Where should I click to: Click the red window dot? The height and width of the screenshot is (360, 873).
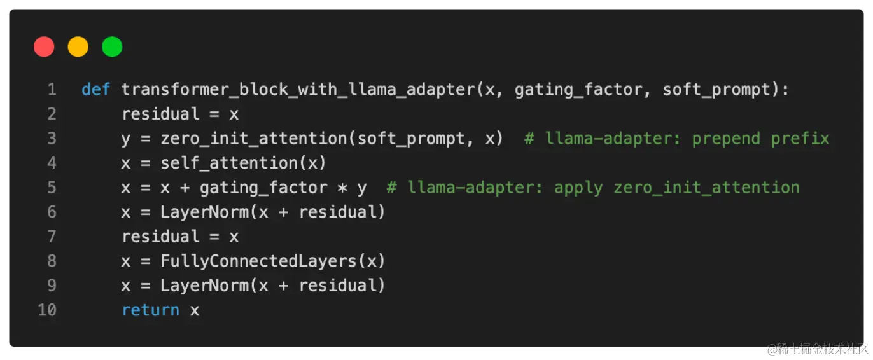coord(44,47)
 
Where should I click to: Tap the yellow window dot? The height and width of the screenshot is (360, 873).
coord(78,47)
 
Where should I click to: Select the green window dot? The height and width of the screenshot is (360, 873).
coord(112,47)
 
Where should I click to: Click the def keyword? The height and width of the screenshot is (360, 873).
coord(96,90)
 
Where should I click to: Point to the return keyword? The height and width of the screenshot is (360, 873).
coord(150,310)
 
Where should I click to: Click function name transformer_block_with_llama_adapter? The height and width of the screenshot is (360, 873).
coord(298,90)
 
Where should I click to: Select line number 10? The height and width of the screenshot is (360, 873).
coord(47,310)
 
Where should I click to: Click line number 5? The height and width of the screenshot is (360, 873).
coord(52,188)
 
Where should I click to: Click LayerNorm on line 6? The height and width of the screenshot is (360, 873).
coord(204,212)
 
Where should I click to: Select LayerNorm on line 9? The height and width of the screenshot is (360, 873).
coord(204,286)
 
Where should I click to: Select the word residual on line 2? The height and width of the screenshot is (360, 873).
coord(160,114)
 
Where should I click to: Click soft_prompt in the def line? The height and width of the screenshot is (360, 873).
coord(716,90)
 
